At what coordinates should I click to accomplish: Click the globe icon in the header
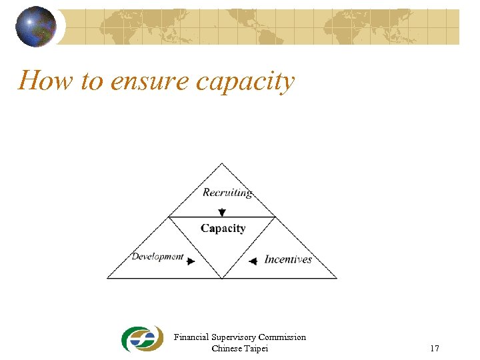point(36,27)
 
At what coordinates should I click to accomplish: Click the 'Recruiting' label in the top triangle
point(227,193)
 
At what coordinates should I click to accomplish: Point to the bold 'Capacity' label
point(223,228)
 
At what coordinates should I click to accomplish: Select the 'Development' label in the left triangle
point(157,257)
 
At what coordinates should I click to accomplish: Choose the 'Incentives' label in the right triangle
point(288,259)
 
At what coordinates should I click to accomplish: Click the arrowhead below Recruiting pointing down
point(222,212)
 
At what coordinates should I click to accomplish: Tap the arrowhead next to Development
point(191,261)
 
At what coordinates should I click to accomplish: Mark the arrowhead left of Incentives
point(253,261)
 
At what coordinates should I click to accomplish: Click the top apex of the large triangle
point(222,163)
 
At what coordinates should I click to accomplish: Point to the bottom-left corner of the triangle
point(108,278)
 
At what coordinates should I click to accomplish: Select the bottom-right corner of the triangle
point(337,278)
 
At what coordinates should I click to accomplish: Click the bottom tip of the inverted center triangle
point(222,277)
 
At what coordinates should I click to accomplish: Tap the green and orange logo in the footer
point(141,339)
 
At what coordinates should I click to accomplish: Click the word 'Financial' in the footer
point(191,337)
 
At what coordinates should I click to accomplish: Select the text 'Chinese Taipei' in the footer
point(240,348)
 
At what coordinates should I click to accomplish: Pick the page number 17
point(435,348)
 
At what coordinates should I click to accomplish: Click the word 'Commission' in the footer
point(282,337)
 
